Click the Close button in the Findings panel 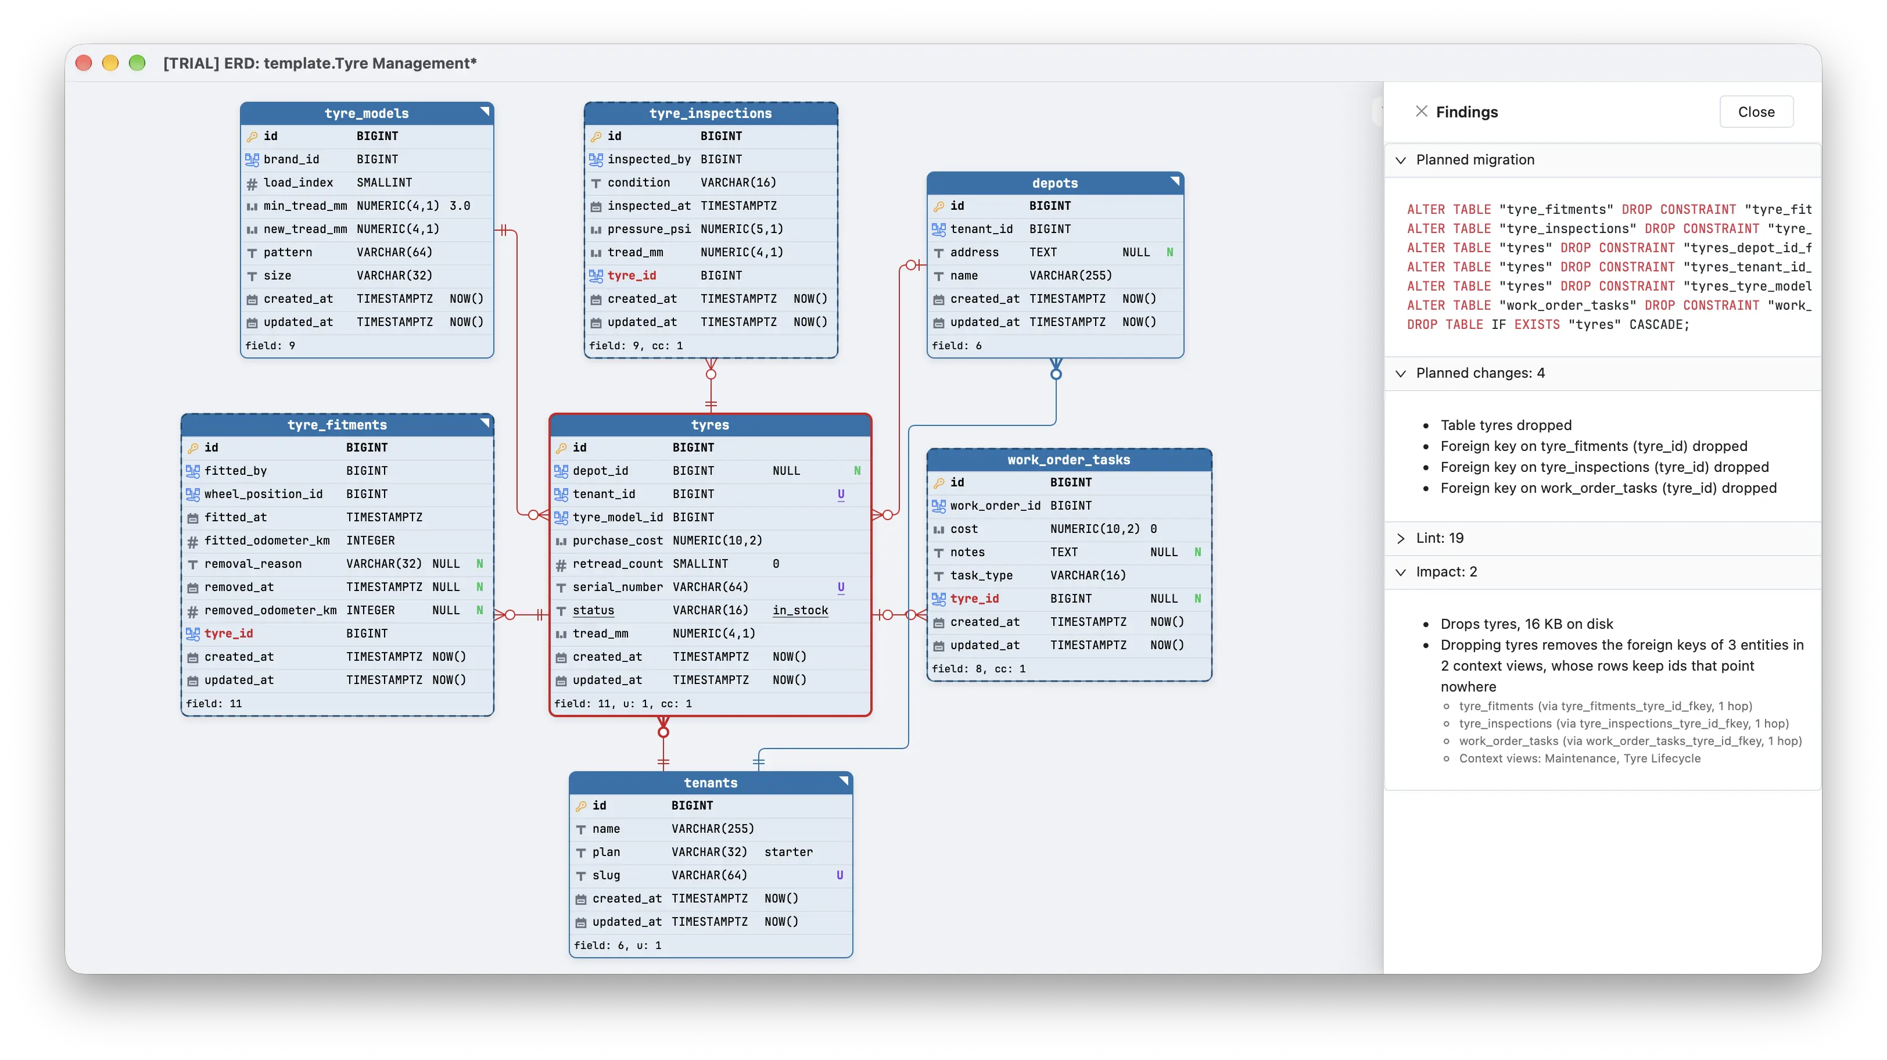point(1755,112)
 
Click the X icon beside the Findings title point(1421,112)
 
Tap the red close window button point(84,63)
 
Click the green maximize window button point(137,63)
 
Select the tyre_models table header point(366,113)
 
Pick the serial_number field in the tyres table point(617,587)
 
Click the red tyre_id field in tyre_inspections point(632,275)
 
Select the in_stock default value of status point(800,610)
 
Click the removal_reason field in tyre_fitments point(253,563)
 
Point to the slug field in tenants point(606,875)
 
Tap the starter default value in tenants point(788,852)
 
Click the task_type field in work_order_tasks point(981,575)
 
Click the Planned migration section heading point(1475,160)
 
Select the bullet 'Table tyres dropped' point(1505,425)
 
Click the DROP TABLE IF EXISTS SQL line point(1547,324)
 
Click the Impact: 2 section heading point(1446,571)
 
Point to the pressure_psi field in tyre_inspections point(648,228)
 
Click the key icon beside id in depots point(938,206)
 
